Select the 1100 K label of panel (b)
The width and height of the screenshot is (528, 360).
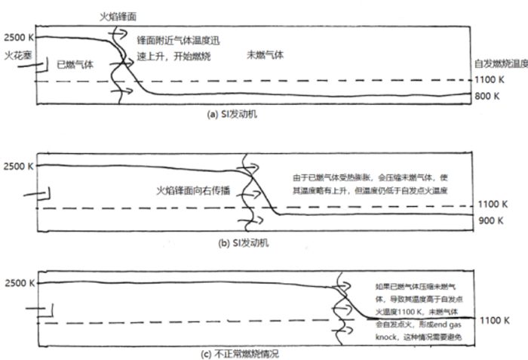pyautogui.click(x=490, y=205)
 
